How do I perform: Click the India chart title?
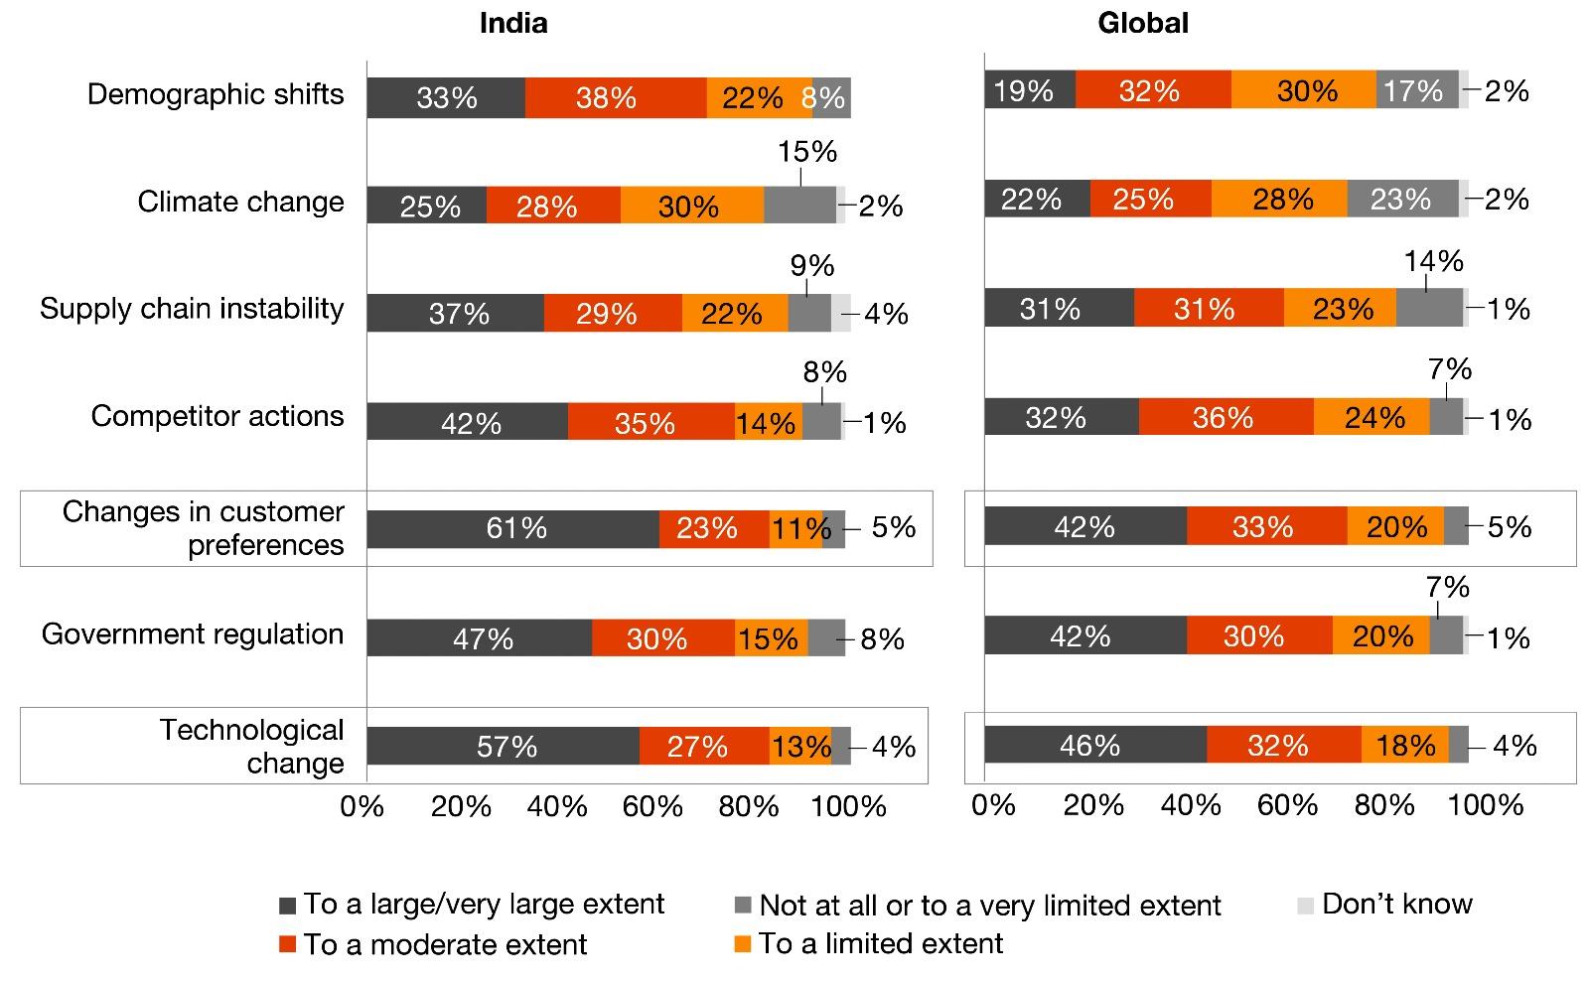coord(512,23)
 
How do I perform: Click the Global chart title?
coord(1142,23)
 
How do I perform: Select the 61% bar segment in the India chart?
coord(513,528)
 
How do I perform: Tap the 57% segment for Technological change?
coord(504,746)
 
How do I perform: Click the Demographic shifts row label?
coord(216,94)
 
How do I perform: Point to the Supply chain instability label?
coord(192,309)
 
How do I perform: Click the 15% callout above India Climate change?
coord(807,152)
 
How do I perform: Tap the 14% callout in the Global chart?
coord(1433,261)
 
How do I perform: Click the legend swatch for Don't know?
coord(1306,905)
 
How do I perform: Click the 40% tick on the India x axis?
coord(557,807)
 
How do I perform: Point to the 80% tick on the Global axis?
coord(1384,805)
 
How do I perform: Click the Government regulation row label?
coord(193,634)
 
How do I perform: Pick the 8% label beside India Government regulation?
coord(882,638)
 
